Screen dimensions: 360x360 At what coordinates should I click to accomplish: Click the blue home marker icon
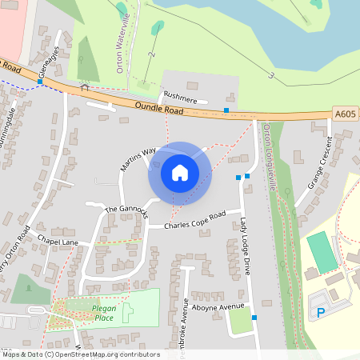(x=180, y=173)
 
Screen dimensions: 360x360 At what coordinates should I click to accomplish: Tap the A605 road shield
(x=344, y=114)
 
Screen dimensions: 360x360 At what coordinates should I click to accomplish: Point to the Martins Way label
(x=138, y=159)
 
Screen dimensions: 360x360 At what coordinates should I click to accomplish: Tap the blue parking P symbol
(x=322, y=312)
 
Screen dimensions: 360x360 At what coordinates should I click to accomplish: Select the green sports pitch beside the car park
(x=322, y=252)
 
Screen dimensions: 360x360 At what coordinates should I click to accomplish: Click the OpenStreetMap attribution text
(x=80, y=354)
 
